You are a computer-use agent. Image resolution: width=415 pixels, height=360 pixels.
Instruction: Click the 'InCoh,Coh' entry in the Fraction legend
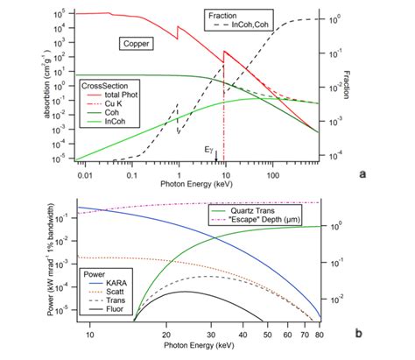pos(248,27)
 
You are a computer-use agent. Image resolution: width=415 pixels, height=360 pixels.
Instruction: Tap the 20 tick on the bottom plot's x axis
pos(166,334)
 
